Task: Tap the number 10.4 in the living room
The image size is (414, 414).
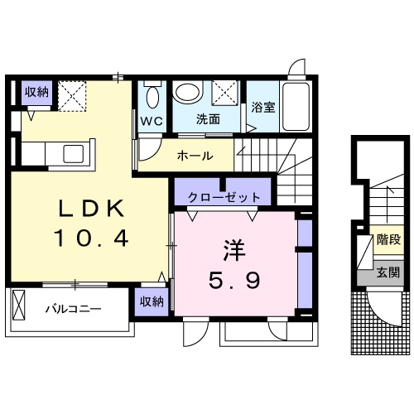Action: tap(91, 240)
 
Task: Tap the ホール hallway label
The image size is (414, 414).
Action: tap(195, 155)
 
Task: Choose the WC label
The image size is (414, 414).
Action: tap(151, 120)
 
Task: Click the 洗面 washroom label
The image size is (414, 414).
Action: tap(208, 118)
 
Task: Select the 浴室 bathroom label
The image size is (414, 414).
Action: tap(262, 107)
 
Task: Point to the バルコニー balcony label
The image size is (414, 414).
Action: tap(73, 309)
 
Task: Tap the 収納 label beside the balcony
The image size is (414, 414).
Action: tap(151, 302)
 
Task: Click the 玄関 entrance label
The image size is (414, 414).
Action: tap(388, 272)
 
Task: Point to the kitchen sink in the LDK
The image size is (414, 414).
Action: tap(72, 152)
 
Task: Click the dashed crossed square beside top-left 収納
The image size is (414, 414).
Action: tap(73, 94)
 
